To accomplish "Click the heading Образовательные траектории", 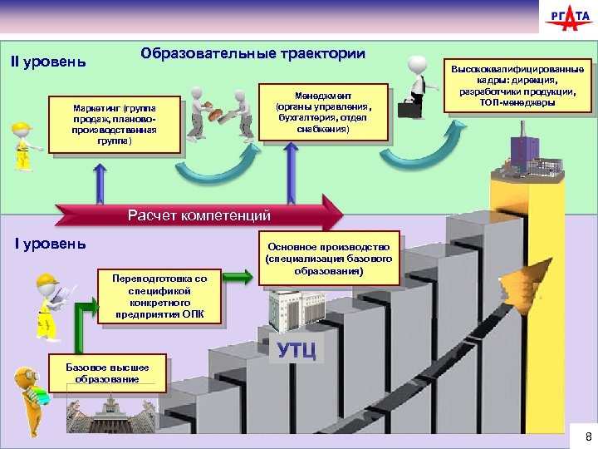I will pos(252,54).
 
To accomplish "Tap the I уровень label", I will pos(50,243).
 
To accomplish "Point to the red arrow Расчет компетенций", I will pos(199,216).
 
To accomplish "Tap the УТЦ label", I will pos(297,350).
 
